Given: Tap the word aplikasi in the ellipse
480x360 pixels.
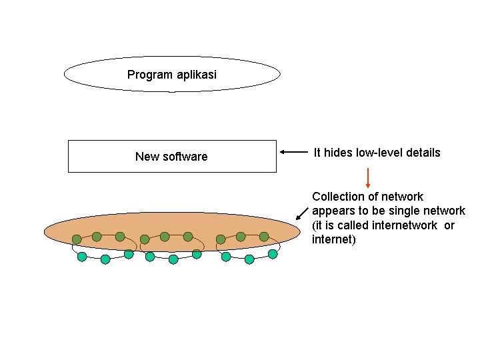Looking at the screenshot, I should point(196,75).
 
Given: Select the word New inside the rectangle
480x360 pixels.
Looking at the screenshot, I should point(147,157).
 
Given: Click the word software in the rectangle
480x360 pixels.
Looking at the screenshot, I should point(185,157).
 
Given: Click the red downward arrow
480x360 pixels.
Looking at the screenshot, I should point(367,177).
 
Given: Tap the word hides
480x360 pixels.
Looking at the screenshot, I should point(338,153).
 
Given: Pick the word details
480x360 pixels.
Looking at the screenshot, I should point(425,153).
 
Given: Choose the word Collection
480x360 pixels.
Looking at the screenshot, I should point(339,197).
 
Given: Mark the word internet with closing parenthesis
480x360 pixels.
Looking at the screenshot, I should point(334,239).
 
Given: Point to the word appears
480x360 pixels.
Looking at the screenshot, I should point(332,211).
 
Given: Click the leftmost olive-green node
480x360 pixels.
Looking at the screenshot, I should point(77,239).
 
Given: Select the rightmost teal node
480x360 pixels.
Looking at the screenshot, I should point(273,254).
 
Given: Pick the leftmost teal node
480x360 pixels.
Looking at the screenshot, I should point(82,256).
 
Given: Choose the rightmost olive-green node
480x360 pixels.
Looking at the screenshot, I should point(264,237).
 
